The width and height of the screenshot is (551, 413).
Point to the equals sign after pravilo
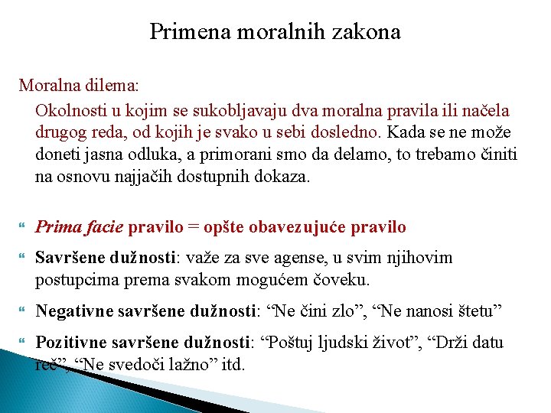pyautogui.click(x=194, y=227)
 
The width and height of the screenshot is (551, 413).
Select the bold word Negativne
pyautogui.click(x=73, y=311)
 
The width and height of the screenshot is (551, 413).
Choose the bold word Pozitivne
pyautogui.click(x=70, y=343)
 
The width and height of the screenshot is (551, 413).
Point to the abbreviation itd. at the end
pyautogui.click(x=232, y=364)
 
